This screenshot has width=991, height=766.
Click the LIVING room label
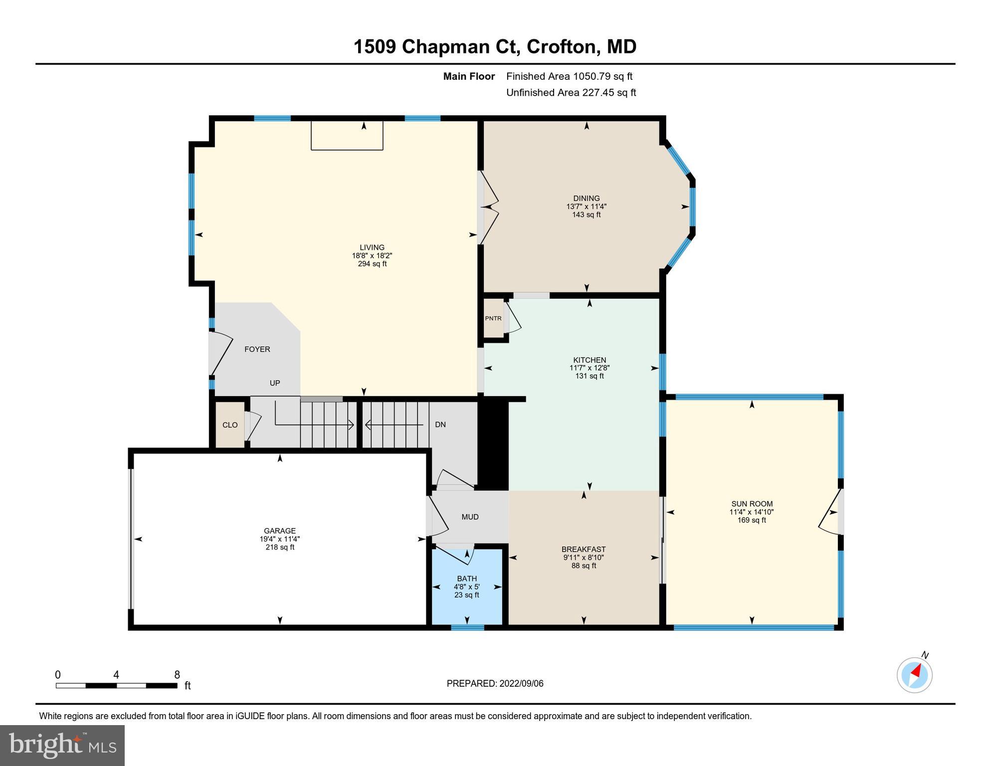coord(372,247)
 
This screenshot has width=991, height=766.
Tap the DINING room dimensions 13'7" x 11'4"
coord(586,206)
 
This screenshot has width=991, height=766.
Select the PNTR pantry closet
coord(493,318)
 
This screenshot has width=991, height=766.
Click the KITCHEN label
coord(590,360)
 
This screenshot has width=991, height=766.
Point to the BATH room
coord(467,586)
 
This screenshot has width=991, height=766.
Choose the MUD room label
coord(470,517)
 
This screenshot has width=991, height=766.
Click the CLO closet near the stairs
coord(230,425)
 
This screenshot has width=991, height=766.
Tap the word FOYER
coord(257,349)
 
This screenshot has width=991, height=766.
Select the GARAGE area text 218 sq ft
coord(280,547)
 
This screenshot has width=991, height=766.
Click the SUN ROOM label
coord(752,504)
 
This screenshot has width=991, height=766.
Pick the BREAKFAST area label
coord(584,550)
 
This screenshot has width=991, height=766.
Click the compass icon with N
coord(914,675)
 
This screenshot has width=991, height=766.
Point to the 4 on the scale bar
coord(116,675)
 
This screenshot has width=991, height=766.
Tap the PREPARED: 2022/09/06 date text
coord(495,684)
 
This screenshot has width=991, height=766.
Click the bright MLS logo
coord(62,745)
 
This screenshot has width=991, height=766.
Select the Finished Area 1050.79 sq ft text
coord(569,76)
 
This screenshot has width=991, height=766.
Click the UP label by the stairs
coord(275,383)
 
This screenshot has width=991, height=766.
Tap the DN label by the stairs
coord(440,425)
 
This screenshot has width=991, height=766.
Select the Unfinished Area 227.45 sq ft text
coord(571,93)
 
